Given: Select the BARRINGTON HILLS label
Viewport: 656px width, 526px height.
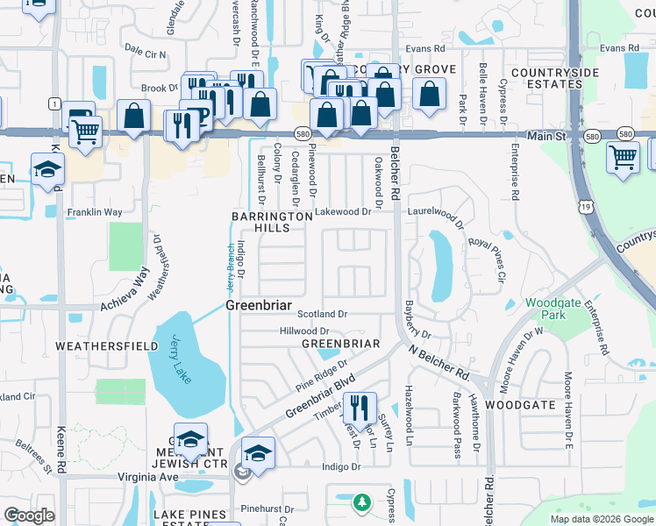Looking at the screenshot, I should coord(272,222).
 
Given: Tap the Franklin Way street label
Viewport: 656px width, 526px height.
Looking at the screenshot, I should coord(95,212).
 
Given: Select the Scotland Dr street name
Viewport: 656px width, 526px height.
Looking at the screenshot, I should coord(323,313).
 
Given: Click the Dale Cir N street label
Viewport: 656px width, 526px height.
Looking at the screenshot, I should coord(145,53).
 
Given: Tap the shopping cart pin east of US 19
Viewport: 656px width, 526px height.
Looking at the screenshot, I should coord(622,159).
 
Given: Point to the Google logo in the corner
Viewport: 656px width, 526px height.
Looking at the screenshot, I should coord(29,515).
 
